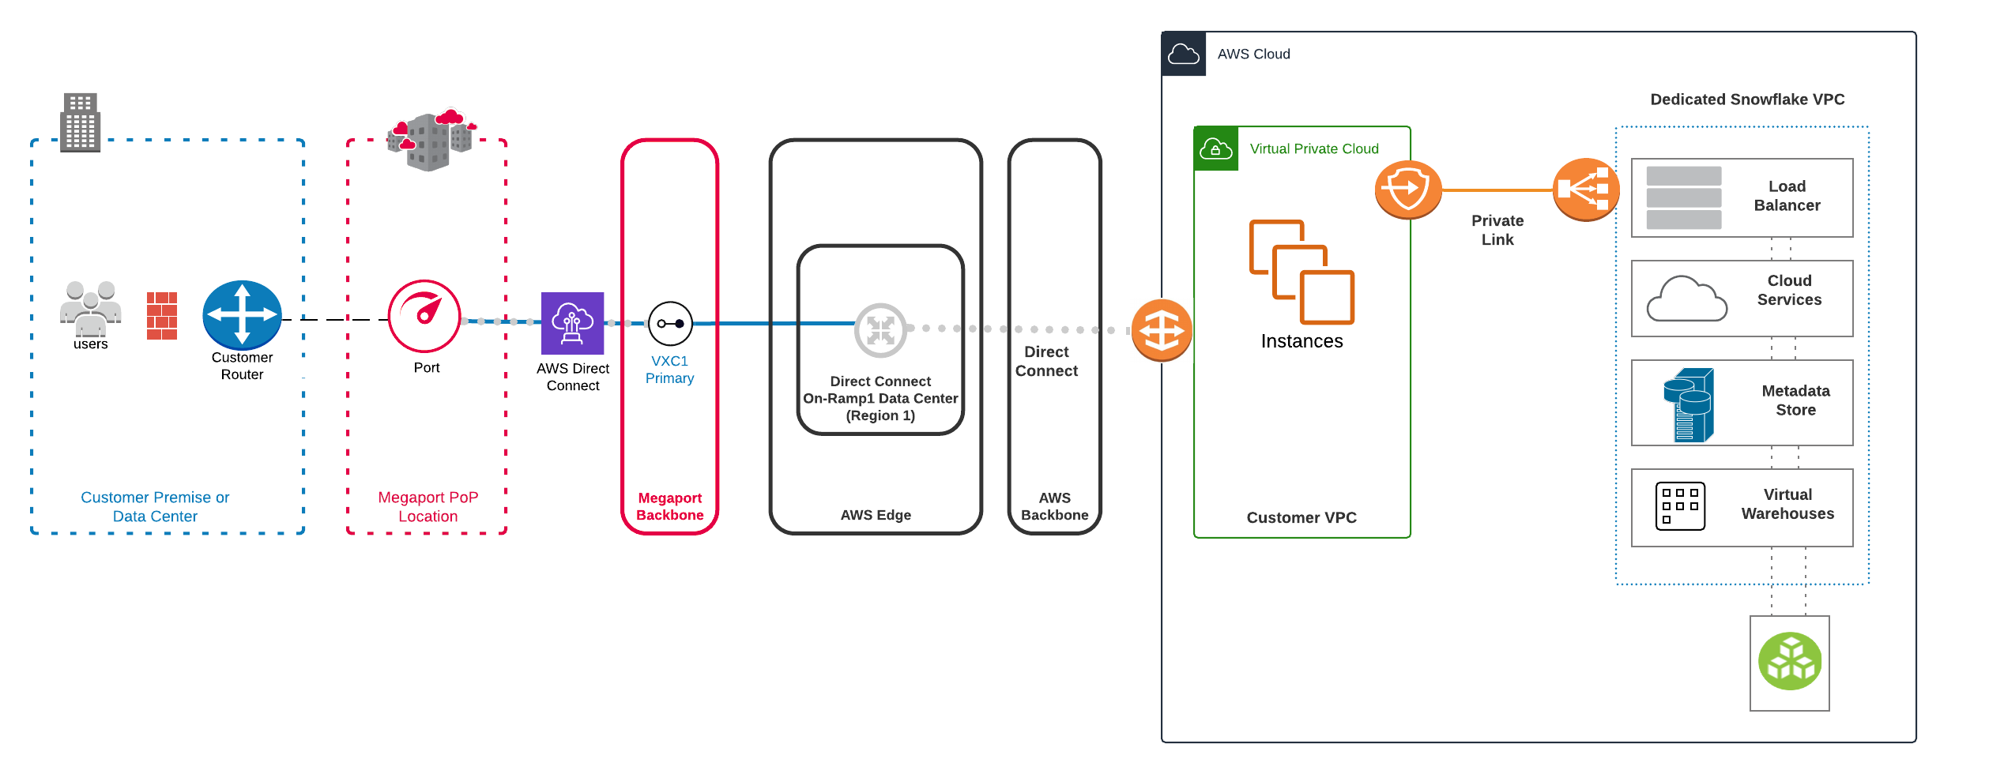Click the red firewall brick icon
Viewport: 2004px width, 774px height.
click(x=162, y=316)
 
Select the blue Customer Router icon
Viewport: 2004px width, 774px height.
click(x=242, y=314)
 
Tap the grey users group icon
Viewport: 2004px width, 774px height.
click(x=90, y=309)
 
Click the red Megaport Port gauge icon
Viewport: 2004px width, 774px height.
click(x=424, y=316)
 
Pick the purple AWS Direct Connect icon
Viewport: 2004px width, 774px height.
click(x=572, y=323)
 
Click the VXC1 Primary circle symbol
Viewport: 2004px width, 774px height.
click(x=670, y=323)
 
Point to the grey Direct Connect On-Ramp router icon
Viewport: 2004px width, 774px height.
click(x=880, y=329)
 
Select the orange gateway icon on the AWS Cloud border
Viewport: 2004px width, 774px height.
click(x=1161, y=329)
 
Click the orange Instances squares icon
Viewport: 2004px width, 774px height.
click(x=1301, y=272)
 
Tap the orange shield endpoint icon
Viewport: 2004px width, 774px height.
click(x=1408, y=190)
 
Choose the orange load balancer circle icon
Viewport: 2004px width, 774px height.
click(x=1585, y=190)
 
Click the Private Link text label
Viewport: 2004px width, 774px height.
click(x=1497, y=230)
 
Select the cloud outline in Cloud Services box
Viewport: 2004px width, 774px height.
click(x=1686, y=299)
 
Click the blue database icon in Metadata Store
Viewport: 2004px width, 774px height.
click(x=1689, y=404)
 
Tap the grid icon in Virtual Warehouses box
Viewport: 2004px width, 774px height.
click(x=1680, y=505)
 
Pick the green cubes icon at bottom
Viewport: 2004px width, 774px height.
click(x=1789, y=662)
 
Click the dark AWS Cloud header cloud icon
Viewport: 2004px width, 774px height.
click(x=1183, y=54)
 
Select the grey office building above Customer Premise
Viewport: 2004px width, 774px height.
click(x=80, y=122)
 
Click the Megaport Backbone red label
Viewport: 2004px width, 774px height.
click(x=669, y=506)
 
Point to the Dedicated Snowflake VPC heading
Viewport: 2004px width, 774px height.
click(x=1746, y=100)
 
